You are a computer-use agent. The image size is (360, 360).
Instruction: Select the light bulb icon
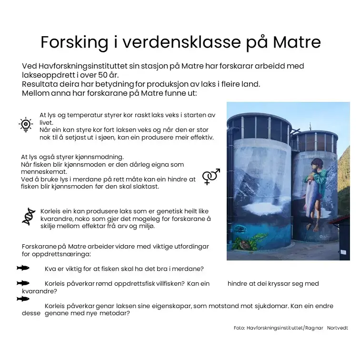(x=25, y=124)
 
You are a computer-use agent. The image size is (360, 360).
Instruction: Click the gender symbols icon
(x=211, y=176)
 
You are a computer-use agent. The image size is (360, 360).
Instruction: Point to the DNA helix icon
(x=29, y=216)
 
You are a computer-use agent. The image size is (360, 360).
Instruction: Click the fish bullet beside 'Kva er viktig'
(x=23, y=268)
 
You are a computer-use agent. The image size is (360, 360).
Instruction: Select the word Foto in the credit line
(x=239, y=328)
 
